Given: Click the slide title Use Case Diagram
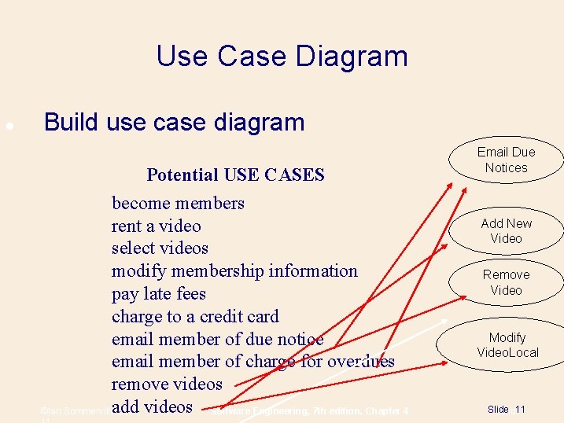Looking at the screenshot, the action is point(282,57).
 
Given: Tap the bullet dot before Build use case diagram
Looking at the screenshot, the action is point(8,125).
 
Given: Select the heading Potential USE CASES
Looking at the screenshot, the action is point(235,175).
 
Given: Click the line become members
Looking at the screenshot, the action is point(178,204).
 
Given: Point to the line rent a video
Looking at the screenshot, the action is point(156,226).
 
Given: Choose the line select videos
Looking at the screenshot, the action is point(160,248).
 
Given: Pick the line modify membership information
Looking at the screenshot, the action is point(234,271).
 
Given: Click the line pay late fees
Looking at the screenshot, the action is point(158,294).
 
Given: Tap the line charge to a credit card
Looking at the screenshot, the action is point(195,317).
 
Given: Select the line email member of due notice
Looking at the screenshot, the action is point(217,340).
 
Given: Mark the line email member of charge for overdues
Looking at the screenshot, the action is point(253,362).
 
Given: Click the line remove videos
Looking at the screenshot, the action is point(167,384).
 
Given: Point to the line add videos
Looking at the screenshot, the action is point(152,407).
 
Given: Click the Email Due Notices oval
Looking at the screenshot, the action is point(506,160).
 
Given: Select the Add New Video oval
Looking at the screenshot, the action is point(506,231).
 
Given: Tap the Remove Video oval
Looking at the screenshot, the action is point(506,282).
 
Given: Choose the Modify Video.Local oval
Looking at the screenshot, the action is point(507,345).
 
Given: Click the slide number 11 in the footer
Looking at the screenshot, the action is point(520,410).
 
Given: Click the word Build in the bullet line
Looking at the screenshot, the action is point(71,123).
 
